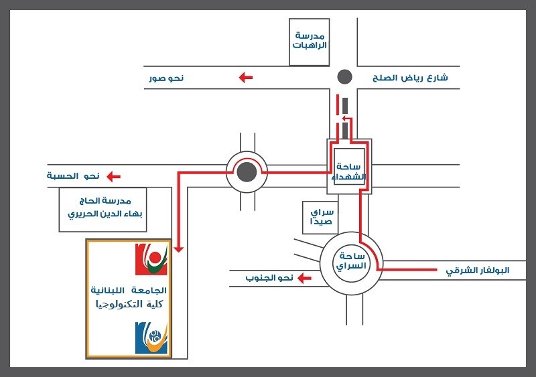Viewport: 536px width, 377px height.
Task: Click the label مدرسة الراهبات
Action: point(310,40)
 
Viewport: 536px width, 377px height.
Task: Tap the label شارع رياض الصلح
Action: point(410,78)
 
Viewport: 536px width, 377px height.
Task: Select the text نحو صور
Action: point(166,78)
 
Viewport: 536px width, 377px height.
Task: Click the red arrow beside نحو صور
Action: point(246,78)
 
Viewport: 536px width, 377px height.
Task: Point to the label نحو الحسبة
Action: point(73,176)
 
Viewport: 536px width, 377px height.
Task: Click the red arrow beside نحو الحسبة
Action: point(114,177)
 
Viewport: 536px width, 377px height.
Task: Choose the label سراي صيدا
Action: point(320,218)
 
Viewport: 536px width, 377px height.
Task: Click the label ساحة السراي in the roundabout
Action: point(351,261)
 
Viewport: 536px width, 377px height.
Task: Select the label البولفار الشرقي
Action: point(478,271)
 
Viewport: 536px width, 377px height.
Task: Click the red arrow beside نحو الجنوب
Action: point(305,277)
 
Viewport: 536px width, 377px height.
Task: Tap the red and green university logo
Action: point(151,260)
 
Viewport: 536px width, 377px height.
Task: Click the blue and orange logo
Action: point(151,338)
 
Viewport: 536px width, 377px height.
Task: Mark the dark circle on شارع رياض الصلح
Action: point(344,77)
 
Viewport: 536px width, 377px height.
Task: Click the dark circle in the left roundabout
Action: point(247,172)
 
